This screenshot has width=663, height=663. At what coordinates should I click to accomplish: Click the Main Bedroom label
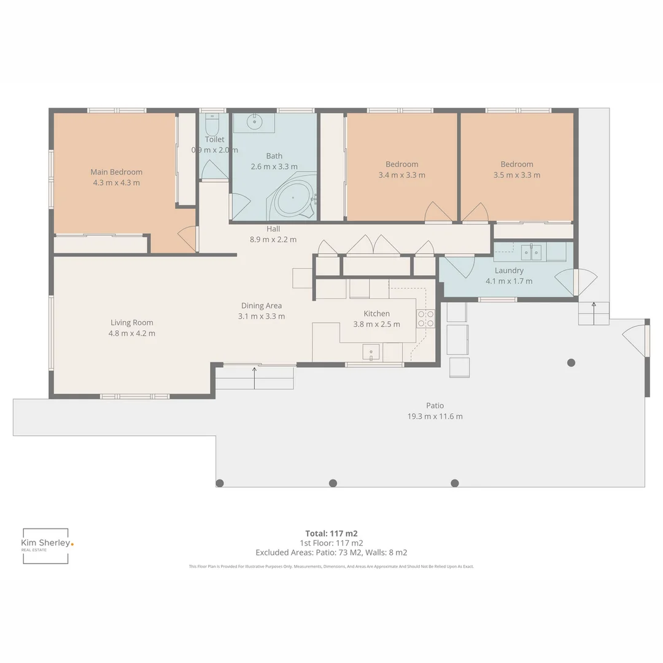click(116, 172)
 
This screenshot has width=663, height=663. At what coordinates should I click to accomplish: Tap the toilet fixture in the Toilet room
click(212, 126)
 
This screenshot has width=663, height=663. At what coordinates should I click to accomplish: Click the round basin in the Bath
click(254, 122)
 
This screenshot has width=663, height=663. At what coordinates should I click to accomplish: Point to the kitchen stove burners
click(426, 319)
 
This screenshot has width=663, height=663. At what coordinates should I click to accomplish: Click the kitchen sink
click(371, 352)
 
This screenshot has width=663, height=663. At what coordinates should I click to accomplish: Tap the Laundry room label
click(509, 271)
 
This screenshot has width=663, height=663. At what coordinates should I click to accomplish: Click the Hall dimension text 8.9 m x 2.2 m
click(273, 239)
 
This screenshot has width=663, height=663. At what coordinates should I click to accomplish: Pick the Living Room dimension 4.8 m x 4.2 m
click(132, 333)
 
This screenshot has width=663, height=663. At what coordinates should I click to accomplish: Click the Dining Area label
click(262, 306)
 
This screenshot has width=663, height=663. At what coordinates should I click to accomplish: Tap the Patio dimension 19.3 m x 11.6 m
click(435, 416)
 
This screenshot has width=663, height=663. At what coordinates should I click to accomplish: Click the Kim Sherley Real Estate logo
click(47, 545)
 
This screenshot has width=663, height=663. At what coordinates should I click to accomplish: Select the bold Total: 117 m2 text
click(331, 533)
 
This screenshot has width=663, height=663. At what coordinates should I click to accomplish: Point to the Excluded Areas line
click(331, 552)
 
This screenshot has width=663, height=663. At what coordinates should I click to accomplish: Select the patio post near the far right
click(571, 363)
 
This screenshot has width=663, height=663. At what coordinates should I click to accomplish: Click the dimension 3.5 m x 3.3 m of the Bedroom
click(517, 175)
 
